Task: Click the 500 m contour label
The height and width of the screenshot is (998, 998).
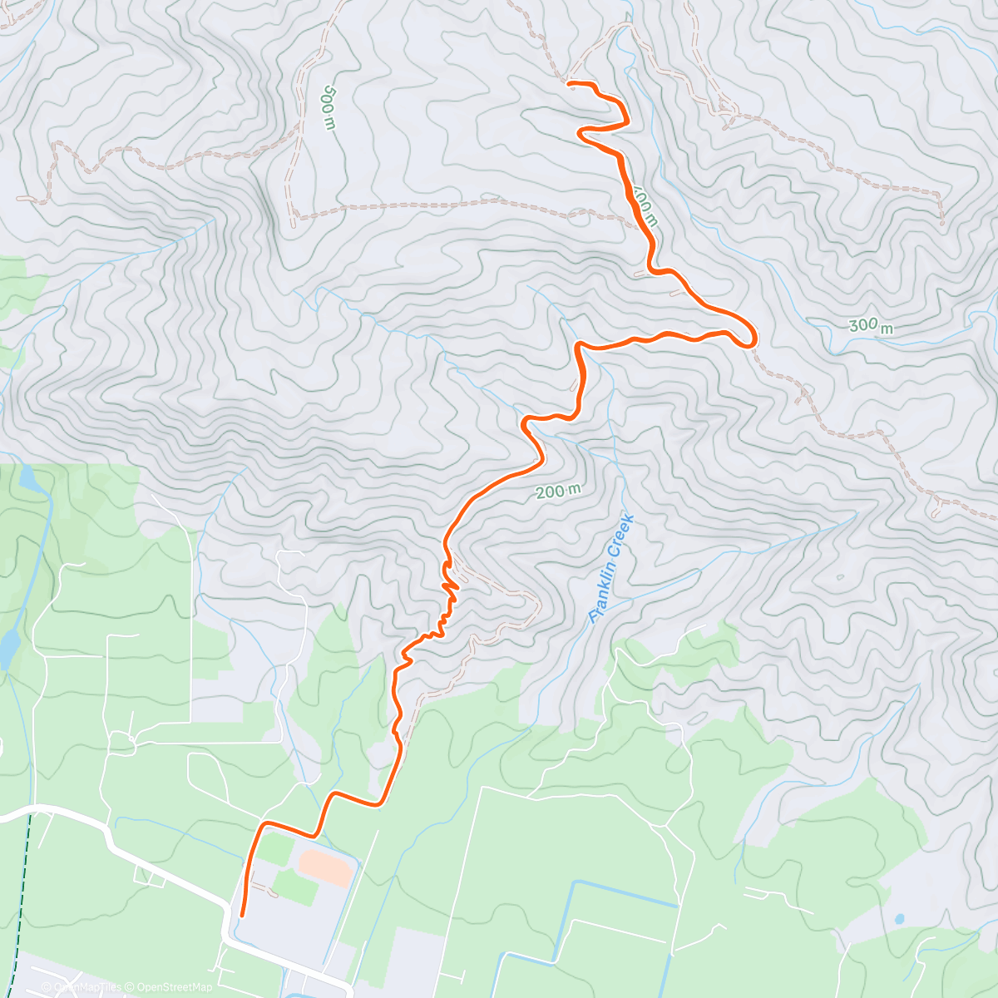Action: tap(329, 106)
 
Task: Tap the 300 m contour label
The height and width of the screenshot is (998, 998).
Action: tap(871, 326)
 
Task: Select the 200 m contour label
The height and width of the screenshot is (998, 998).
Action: tap(558, 492)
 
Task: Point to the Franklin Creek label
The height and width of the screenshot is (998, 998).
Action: tap(612, 569)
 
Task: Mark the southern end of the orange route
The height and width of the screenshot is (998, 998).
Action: tap(241, 915)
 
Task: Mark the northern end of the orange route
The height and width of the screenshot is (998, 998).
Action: tap(569, 82)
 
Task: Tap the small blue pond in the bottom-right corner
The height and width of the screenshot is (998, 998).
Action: tap(899, 920)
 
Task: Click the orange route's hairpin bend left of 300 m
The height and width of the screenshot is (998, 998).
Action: tap(751, 337)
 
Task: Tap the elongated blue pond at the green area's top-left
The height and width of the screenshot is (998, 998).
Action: tap(27, 479)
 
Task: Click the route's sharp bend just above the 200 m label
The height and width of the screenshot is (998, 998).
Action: tap(526, 425)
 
